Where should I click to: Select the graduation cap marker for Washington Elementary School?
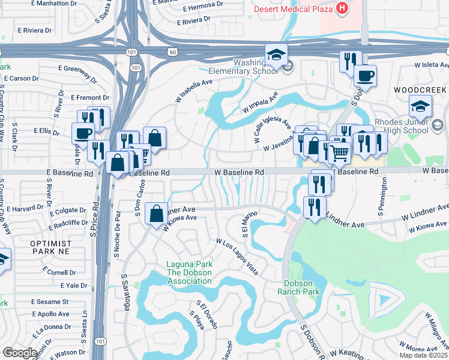click(x=276, y=55)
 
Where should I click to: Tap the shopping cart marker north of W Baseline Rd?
click(x=340, y=152)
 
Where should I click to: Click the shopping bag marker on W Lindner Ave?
click(x=157, y=212)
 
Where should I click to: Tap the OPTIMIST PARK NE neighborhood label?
click(x=51, y=248)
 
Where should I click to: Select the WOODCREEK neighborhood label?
click(x=421, y=89)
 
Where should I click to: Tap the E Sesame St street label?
click(x=52, y=301)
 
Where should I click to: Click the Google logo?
click(x=19, y=352)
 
